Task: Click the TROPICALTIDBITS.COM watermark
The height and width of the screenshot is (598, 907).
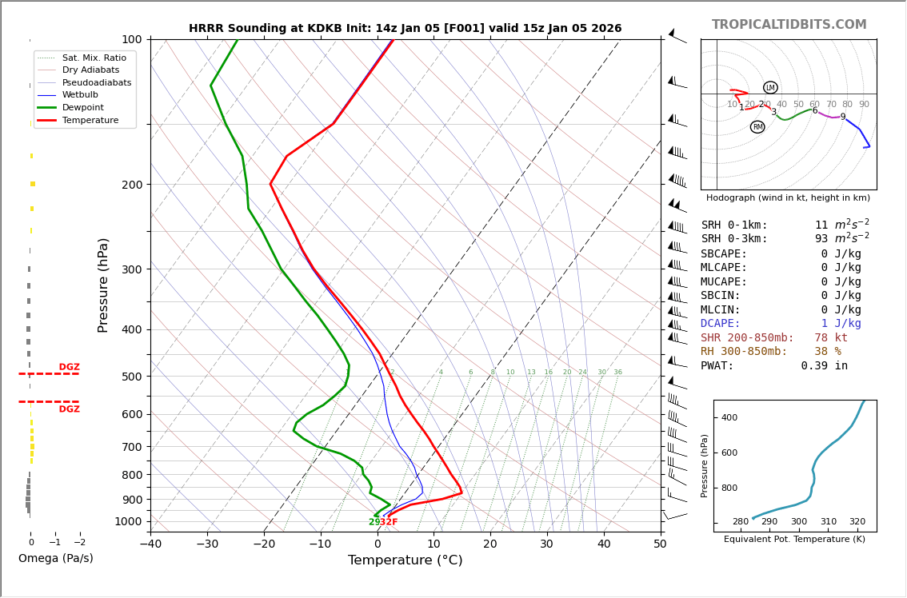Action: pos(789,25)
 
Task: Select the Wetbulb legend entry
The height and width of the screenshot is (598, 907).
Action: pos(80,95)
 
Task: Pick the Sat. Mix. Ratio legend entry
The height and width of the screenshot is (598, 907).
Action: pos(94,58)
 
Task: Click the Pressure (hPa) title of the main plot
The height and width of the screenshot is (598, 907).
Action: pos(103,285)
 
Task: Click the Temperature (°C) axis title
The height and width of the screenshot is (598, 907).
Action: pos(405,560)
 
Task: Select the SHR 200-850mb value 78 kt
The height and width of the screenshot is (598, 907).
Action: pos(831,338)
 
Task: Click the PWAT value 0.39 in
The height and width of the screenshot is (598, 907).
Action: pos(824,366)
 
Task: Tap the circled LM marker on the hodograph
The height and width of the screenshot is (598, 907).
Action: pos(770,88)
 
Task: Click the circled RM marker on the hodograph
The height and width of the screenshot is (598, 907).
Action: pos(757,127)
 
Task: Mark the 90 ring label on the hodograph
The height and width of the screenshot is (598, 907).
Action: pos(864,105)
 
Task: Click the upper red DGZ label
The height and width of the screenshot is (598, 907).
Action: pos(69,367)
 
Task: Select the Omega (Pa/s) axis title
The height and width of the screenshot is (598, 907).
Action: pos(55,559)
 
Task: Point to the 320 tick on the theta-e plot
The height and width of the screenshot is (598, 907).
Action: pos(857,522)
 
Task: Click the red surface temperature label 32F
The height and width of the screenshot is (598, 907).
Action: pos(389,522)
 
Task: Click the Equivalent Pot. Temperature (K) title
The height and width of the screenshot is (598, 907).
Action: pos(794,540)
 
